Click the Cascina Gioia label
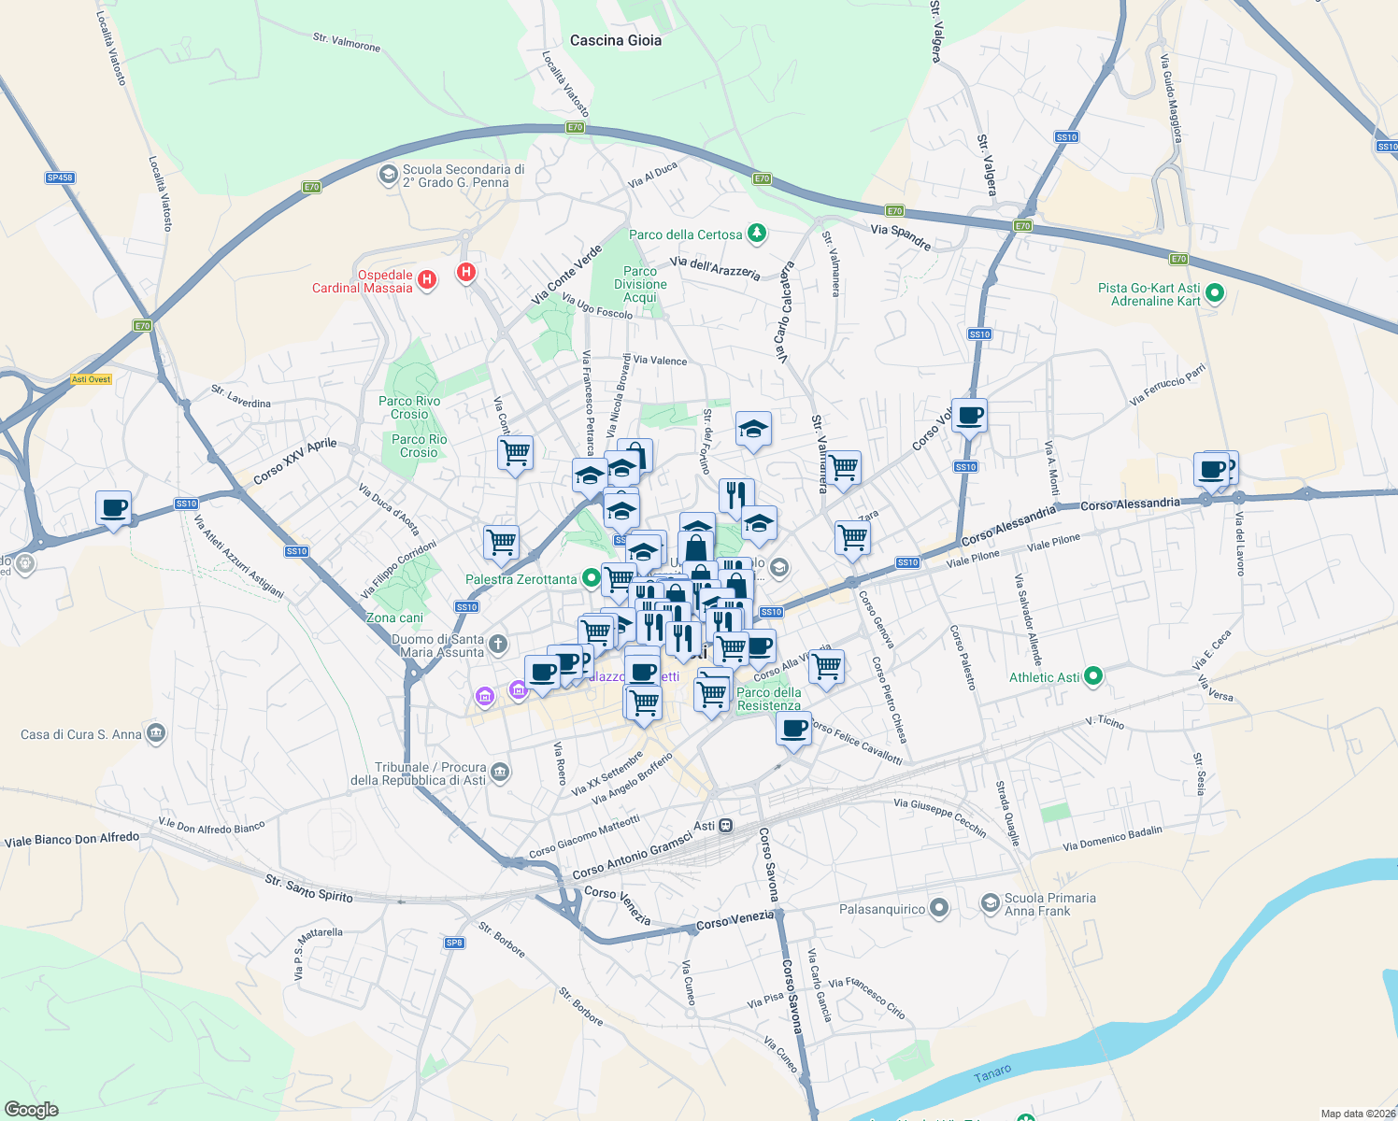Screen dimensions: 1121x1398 [616, 40]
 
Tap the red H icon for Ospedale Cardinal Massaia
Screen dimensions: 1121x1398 [427, 279]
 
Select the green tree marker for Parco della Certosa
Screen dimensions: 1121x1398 [757, 234]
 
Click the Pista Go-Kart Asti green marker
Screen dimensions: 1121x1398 [1215, 294]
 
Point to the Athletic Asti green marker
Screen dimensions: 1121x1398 [1093, 676]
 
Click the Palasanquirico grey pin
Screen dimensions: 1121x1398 [939, 908]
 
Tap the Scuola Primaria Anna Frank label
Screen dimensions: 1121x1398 [1049, 904]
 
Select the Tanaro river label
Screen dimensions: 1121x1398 [992, 1073]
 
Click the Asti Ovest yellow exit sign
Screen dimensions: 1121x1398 [92, 379]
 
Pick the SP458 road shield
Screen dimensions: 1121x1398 [60, 177]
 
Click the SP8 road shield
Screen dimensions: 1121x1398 [454, 943]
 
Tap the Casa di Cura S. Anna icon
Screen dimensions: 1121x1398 [156, 733]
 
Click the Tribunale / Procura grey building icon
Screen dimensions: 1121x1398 [500, 772]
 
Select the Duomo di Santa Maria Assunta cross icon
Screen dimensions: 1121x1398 [498, 643]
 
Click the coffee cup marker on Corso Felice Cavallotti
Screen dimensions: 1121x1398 [793, 729]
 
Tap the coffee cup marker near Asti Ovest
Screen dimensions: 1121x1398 [113, 509]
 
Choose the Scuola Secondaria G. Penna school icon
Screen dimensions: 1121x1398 [388, 175]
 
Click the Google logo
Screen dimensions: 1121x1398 [32, 1109]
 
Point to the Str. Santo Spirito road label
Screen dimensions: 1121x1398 [308, 888]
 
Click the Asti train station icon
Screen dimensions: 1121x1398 [726, 826]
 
